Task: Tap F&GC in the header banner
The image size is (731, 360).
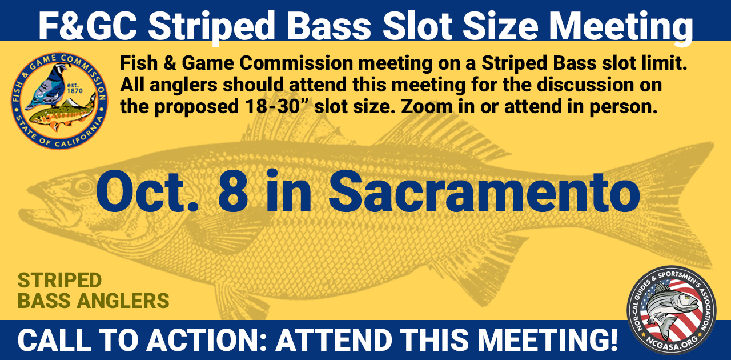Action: (x=88, y=26)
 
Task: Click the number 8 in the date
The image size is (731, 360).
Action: (x=232, y=192)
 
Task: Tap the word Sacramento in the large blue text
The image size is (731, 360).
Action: (x=484, y=192)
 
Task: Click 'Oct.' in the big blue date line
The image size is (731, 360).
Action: (x=147, y=192)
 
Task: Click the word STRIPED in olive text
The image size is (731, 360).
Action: (x=60, y=281)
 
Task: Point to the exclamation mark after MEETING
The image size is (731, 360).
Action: (x=613, y=340)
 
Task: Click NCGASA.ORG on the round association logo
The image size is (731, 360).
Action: (x=672, y=342)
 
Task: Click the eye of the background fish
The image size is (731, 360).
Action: (x=84, y=186)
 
